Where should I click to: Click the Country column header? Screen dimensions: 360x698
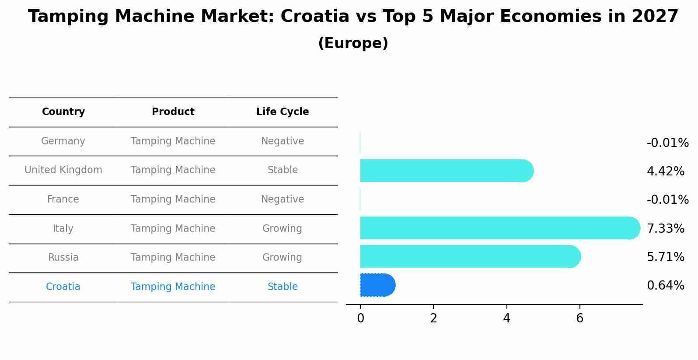63,112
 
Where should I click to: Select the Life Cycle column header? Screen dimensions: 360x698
283,112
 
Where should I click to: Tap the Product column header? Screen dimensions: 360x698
173,112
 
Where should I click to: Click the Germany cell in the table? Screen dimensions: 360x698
63,141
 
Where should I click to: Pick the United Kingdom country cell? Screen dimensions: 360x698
63,170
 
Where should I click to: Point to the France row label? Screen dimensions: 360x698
63,199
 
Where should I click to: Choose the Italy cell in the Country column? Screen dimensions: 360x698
63,229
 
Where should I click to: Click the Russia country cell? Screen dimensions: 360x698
63,258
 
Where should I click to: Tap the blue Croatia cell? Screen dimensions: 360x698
63,287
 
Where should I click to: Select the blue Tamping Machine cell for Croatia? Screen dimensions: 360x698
173,287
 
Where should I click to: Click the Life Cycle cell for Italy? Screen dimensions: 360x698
282,229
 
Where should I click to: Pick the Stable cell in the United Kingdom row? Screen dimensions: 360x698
283,170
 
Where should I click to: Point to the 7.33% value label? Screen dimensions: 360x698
665,229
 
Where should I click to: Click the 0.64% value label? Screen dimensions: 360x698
665,286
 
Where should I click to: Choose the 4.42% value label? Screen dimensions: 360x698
665,171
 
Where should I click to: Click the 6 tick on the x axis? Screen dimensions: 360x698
579,318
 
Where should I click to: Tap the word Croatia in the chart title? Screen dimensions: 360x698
315,17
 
